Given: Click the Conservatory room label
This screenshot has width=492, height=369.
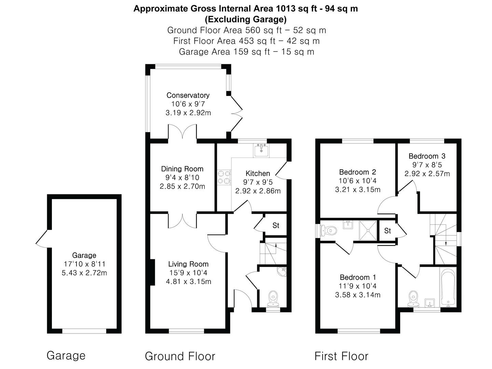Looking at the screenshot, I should click(188, 95).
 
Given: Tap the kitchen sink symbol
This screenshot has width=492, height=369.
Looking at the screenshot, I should click(261, 150).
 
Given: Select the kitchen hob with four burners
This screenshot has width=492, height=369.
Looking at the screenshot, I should click(224, 177).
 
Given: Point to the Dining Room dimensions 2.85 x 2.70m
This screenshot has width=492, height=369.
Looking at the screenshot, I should click(182, 187).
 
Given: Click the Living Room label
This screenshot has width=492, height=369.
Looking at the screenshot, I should click(188, 264).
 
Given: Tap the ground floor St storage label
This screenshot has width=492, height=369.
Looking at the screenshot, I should click(276, 225).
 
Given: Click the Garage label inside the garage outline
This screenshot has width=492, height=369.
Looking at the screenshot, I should click(84, 255).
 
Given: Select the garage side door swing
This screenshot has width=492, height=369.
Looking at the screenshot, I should click(42, 238).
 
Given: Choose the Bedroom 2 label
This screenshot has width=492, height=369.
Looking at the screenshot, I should click(357, 172).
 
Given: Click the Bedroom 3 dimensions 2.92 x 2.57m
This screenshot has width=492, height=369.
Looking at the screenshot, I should click(427, 174).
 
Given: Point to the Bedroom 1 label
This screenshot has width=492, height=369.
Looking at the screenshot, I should click(357, 277).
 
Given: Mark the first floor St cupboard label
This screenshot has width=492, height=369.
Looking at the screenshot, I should click(387, 231).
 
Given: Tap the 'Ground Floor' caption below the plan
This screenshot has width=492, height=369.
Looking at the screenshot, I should click(180, 356).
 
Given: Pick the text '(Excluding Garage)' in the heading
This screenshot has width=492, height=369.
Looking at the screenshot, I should click(246, 19).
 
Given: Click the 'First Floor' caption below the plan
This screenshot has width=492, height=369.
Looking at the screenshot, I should click(341, 356).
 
